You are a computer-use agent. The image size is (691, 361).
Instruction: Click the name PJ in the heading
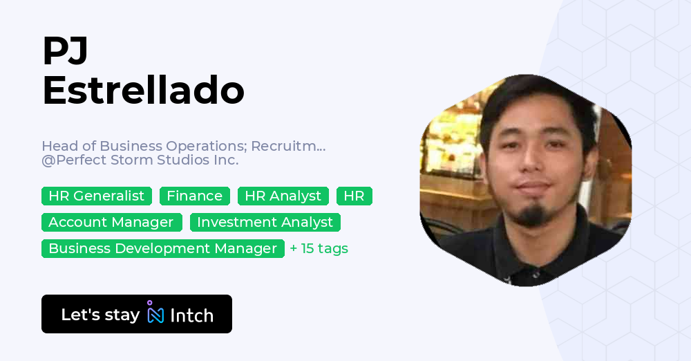pos(65,51)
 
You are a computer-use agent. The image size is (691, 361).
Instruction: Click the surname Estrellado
pos(143,91)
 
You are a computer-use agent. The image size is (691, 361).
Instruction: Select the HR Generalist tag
pos(96,196)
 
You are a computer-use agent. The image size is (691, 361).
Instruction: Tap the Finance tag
pos(194,196)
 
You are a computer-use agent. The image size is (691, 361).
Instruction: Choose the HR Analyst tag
pos(283,196)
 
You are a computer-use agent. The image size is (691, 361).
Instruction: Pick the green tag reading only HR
pos(354,196)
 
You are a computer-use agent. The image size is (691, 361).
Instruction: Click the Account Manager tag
pos(111,223)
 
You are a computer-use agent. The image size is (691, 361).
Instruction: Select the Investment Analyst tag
pos(265,223)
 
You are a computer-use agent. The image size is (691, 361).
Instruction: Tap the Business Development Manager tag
pos(162,248)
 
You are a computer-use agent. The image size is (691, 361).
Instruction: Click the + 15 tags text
pos(319,248)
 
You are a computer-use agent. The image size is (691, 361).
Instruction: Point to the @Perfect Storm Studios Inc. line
pos(140,160)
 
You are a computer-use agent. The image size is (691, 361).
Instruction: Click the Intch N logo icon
pos(155,314)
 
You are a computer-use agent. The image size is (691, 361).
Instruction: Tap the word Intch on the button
pos(191,315)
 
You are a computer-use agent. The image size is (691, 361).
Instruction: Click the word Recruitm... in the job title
pos(288,146)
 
